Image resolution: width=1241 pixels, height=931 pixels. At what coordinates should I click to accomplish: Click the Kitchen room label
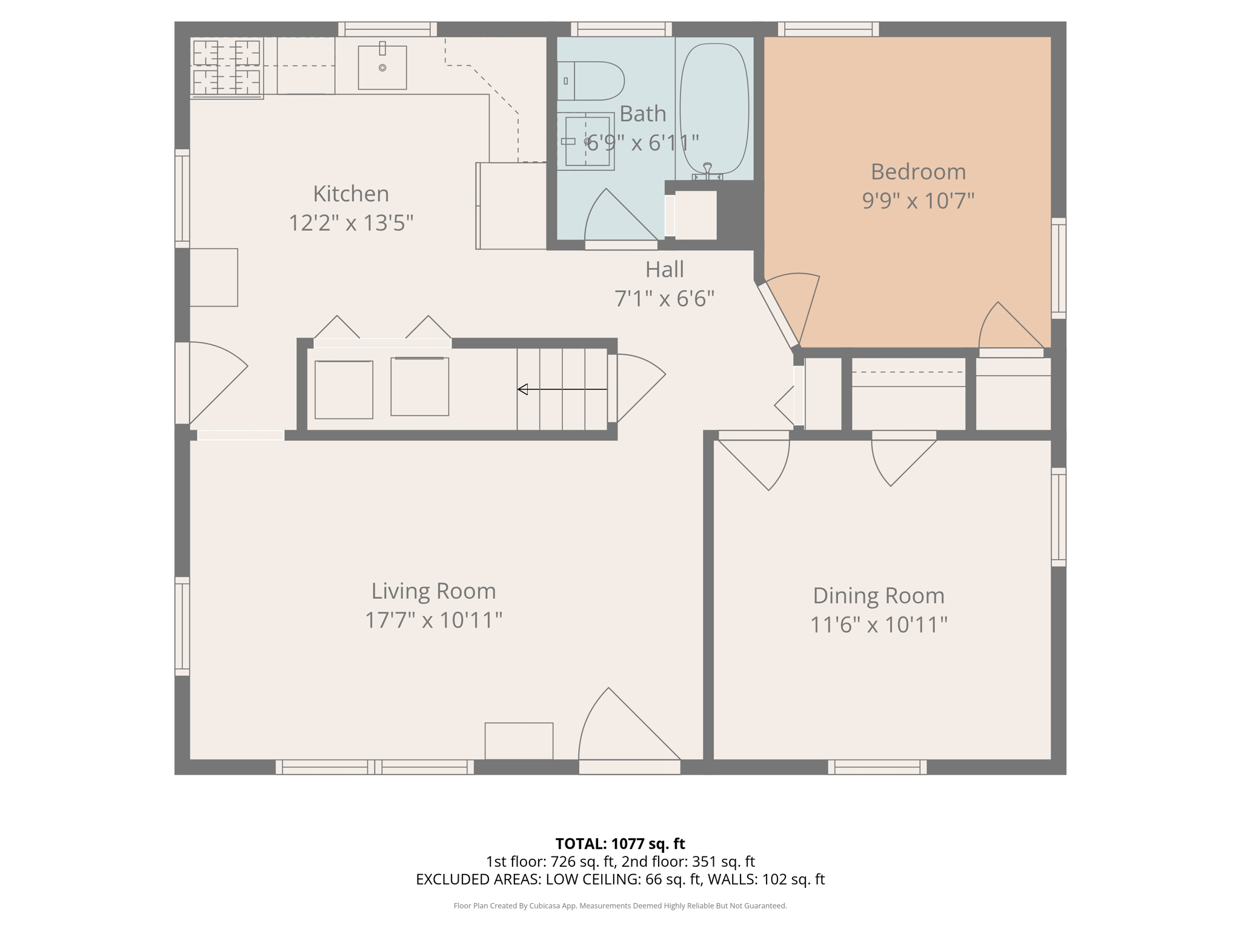click(351, 194)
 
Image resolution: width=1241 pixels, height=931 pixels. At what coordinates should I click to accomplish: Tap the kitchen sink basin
click(382, 67)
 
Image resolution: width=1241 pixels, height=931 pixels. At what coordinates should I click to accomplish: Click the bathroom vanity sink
click(587, 141)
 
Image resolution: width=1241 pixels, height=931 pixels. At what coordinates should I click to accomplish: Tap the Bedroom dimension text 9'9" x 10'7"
click(918, 201)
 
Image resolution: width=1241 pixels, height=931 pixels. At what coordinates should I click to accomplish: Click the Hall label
click(664, 270)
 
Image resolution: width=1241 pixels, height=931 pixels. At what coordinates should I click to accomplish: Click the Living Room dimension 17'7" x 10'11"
click(433, 620)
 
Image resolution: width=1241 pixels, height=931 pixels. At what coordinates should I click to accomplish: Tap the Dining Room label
click(878, 595)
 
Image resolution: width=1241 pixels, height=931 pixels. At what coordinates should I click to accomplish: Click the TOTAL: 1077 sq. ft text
click(620, 844)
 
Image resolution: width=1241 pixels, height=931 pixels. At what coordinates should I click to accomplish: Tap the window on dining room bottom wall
click(877, 767)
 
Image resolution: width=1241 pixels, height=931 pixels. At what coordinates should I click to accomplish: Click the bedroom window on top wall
click(828, 28)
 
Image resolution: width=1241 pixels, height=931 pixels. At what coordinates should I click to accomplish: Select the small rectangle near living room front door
click(519, 741)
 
